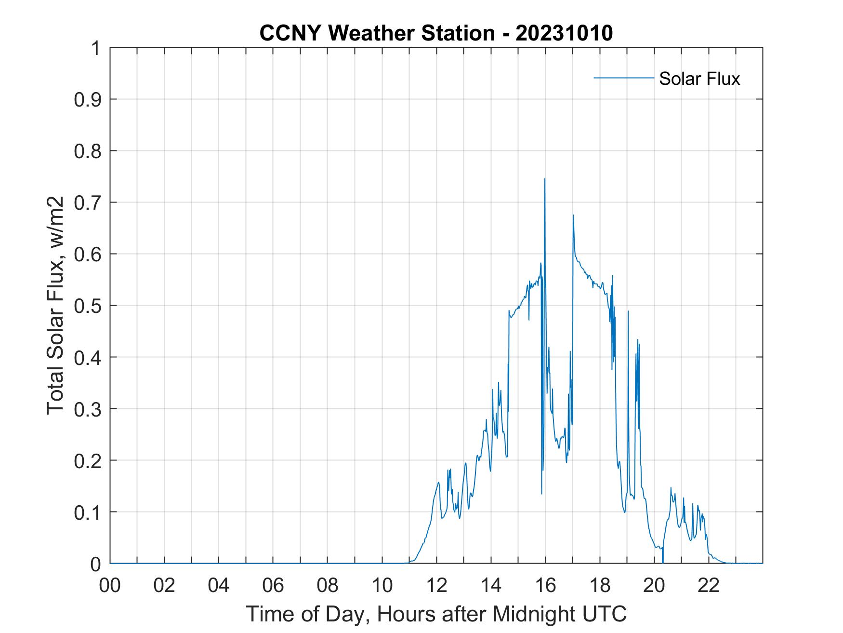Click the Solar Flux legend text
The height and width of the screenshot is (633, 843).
pos(699,79)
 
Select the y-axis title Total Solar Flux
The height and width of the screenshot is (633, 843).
pos(56,306)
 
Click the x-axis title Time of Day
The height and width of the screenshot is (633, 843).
pos(436,614)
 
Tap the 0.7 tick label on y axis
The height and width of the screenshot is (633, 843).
pos(89,202)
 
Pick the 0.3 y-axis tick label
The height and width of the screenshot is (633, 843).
pos(89,409)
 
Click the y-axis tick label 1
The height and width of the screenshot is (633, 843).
pos(96,48)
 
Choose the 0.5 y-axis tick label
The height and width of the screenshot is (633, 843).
pos(89,306)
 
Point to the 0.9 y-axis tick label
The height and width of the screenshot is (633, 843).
pos(89,99)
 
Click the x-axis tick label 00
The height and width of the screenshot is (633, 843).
pos(110,585)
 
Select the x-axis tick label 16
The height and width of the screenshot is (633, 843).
pos(545,585)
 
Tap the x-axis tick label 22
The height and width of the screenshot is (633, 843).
pos(709,585)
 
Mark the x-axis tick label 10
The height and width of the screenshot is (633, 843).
pos(382,585)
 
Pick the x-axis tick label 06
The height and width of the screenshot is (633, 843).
pos(273,585)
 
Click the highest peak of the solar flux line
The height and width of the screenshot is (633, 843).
pos(545,179)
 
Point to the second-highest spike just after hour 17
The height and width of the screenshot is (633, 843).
pos(573,215)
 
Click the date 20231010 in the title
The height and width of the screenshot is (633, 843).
pos(564,33)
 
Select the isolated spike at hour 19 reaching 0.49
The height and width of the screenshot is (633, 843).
pos(628,311)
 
